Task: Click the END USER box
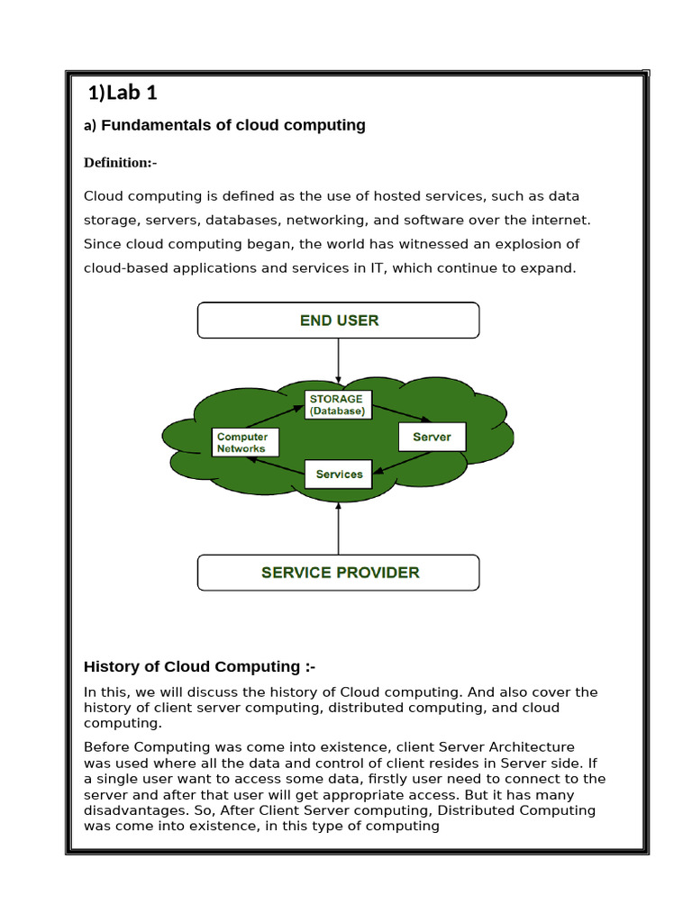point(338,320)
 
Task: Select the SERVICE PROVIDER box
point(338,573)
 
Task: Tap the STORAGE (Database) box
point(336,404)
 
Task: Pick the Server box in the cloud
point(432,437)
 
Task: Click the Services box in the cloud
point(339,474)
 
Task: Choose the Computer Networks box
point(245,442)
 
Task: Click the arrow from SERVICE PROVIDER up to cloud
point(338,527)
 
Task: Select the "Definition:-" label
point(120,163)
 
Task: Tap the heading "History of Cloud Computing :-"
point(199,666)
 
